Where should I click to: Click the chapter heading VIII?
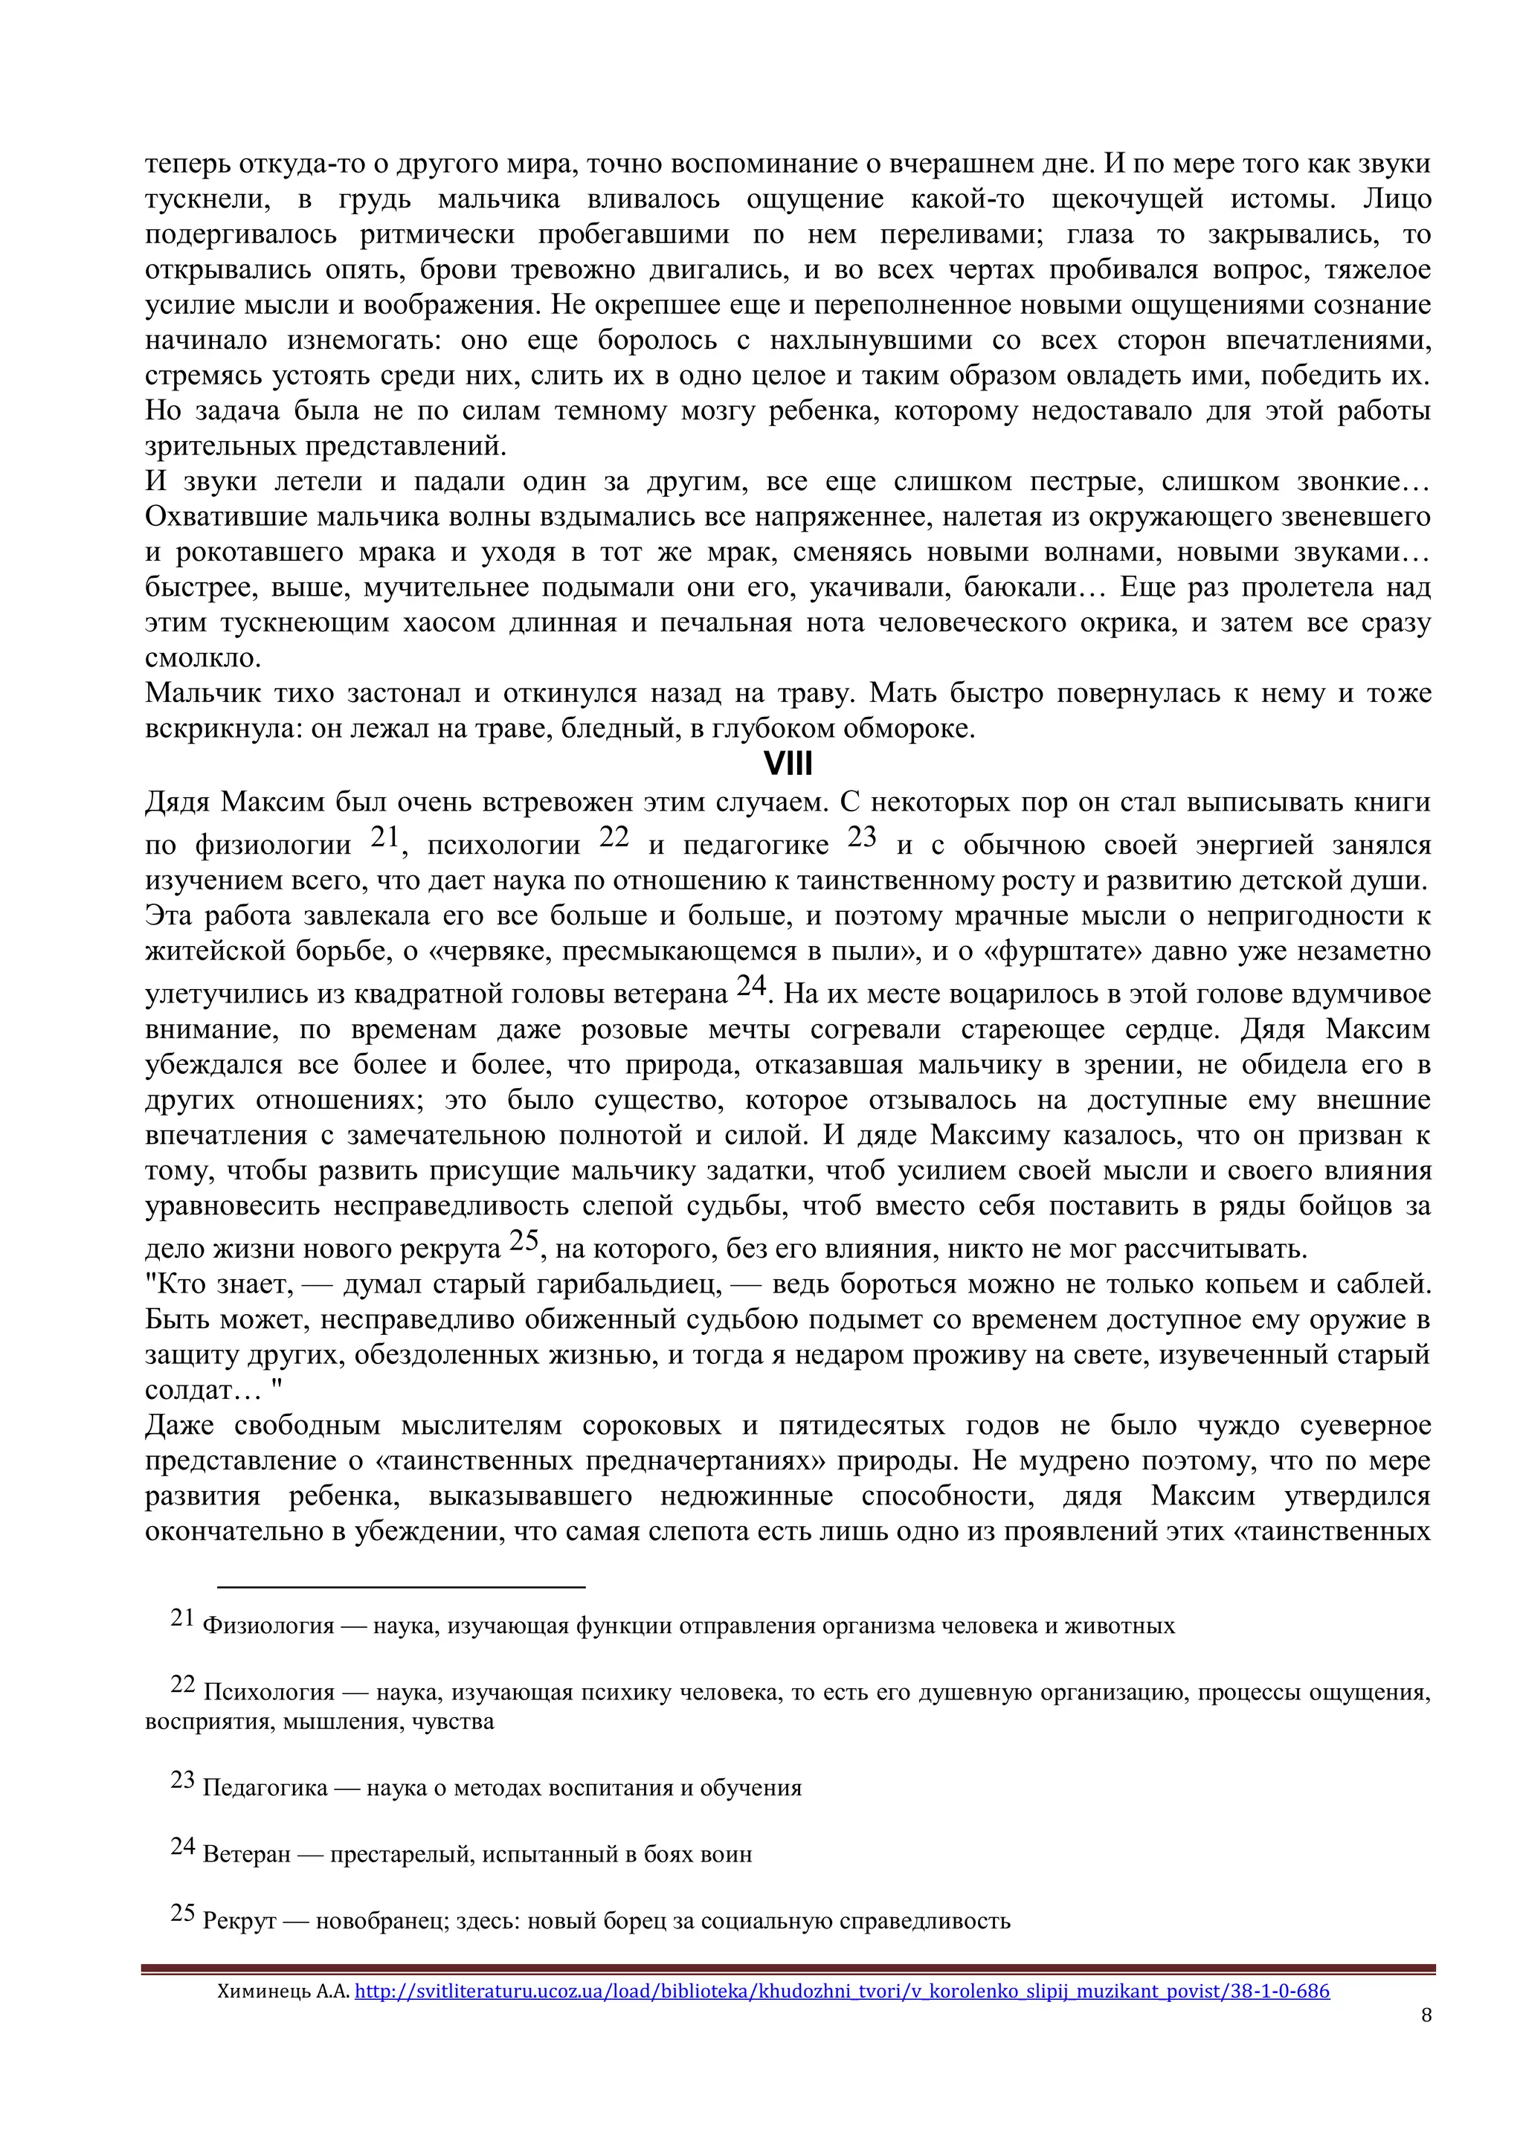point(788,765)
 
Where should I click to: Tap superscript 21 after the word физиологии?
point(384,837)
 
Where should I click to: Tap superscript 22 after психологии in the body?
point(614,837)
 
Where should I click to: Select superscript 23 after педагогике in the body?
point(861,837)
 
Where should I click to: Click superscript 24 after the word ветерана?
point(751,985)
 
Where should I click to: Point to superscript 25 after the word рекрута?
point(524,1240)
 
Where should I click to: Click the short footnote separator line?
point(402,1586)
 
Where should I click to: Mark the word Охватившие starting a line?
point(226,518)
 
